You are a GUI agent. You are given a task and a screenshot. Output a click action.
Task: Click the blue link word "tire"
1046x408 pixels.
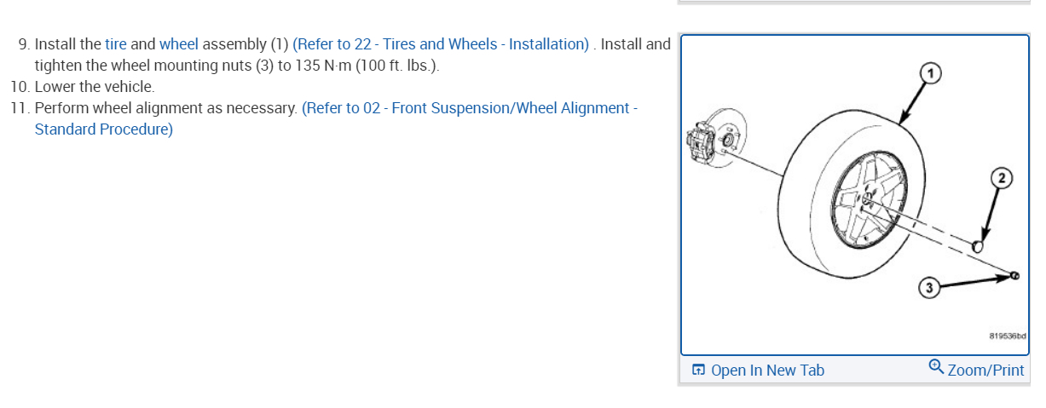pos(115,43)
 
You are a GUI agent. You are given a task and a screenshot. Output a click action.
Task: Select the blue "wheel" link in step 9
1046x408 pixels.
pos(178,43)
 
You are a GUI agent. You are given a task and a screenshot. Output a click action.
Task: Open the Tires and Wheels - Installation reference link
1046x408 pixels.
pos(441,43)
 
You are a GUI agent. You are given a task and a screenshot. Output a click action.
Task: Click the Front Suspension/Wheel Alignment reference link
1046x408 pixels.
pos(469,108)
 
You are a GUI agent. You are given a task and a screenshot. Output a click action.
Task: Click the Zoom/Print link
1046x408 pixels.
pos(985,370)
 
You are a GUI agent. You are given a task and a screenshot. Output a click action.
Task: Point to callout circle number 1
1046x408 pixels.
pos(932,73)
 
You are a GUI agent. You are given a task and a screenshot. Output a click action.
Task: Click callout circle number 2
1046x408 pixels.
pos(1001,177)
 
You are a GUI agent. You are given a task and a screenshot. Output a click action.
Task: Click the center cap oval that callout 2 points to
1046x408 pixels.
pos(979,246)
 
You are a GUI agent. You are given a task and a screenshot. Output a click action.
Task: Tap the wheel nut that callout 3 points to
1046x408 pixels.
pos(1014,275)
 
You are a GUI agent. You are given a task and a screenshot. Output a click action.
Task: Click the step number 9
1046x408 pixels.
pos(23,43)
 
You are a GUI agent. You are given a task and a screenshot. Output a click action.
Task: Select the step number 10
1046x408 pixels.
pos(20,87)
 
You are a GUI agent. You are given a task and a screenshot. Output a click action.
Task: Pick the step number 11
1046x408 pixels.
pos(20,108)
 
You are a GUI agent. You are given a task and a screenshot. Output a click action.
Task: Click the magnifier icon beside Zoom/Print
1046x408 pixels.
pos(936,367)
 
